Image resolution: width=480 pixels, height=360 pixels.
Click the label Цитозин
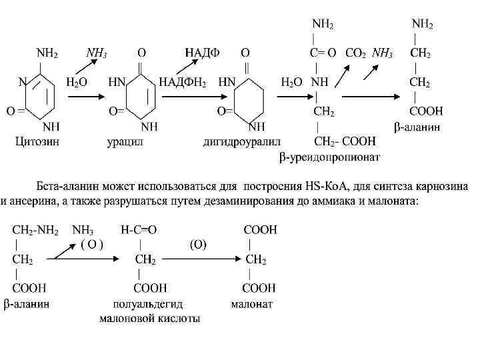37,142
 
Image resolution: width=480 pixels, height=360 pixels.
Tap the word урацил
127,142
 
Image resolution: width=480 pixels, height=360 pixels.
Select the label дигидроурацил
242,142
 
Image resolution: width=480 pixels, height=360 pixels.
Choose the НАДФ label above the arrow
202,52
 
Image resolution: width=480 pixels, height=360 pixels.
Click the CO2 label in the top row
355,53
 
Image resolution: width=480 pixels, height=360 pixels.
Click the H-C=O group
139,230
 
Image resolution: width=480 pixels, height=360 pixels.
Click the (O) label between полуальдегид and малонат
198,245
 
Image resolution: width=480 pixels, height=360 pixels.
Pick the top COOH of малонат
260,230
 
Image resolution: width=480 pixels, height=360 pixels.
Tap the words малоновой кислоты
149,319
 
